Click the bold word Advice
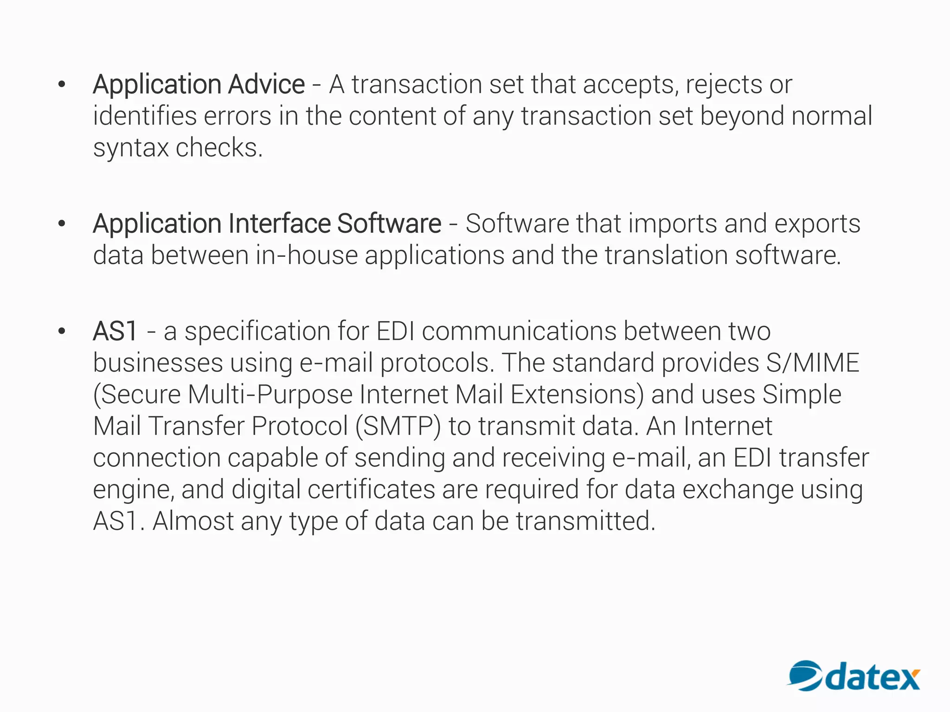coord(266,84)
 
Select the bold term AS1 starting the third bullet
coord(115,331)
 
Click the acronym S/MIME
coord(812,362)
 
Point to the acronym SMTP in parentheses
coord(398,426)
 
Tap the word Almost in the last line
coord(193,521)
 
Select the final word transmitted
coord(585,521)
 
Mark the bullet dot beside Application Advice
coord(62,84)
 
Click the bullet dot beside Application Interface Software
coord(62,223)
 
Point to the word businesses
coord(158,362)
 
